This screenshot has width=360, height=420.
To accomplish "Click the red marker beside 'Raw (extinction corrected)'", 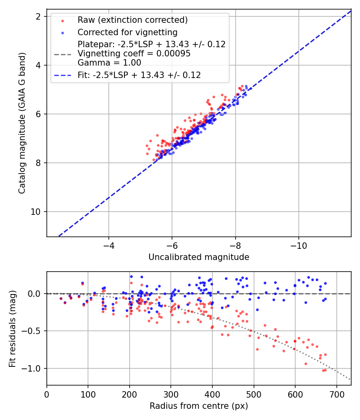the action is (x=63, y=21).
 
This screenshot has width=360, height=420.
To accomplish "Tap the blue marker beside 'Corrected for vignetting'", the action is (x=63, y=33).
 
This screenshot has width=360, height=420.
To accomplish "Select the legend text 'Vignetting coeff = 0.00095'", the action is (x=134, y=54).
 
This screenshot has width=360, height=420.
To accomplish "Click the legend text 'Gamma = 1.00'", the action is (x=109, y=63).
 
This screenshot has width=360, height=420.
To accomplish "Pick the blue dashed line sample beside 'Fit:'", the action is (x=63, y=75).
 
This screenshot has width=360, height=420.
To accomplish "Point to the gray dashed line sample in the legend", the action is (x=63, y=54).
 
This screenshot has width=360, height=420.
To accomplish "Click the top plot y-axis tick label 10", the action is (x=35, y=212).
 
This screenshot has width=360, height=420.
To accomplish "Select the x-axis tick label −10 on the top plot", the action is (x=299, y=246).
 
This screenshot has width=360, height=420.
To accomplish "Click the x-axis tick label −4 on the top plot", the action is (x=108, y=246).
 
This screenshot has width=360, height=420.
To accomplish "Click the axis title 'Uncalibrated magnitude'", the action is (x=199, y=257).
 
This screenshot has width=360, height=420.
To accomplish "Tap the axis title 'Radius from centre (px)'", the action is (x=199, y=406).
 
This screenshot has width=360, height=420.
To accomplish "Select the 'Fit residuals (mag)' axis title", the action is (x=12, y=329).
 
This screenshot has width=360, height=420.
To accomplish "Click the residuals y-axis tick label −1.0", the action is (x=31, y=368).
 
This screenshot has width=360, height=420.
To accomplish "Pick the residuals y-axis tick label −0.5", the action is (x=31, y=331).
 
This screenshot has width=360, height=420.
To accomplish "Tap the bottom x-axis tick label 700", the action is (x=336, y=394).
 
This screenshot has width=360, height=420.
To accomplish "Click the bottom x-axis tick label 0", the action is (x=47, y=394).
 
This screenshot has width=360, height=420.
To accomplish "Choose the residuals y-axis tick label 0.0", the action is (x=34, y=294).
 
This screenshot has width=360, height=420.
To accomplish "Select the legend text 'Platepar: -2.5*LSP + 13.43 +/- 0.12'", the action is (x=152, y=44).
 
